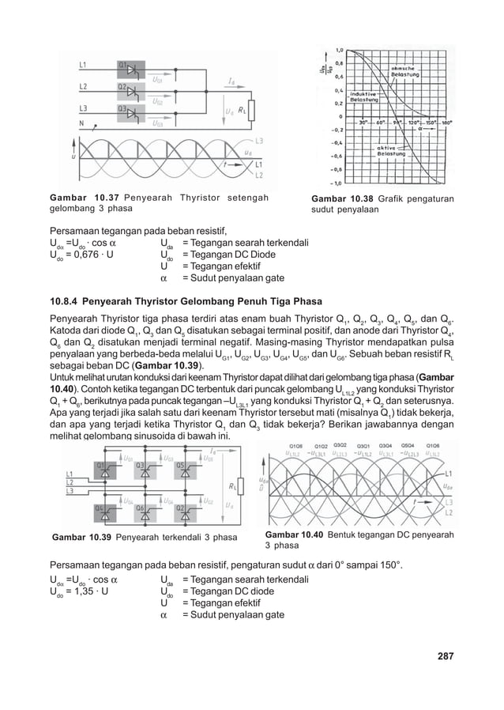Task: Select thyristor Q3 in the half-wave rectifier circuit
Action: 127,110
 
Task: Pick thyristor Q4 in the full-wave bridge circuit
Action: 104,508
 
